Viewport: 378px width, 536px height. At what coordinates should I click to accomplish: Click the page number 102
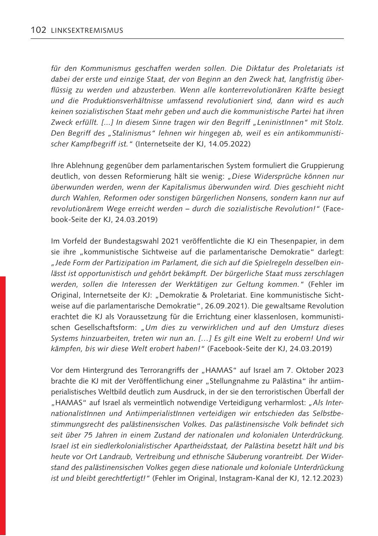point(38,30)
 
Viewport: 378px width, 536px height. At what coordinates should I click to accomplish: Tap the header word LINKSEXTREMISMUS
point(86,31)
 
